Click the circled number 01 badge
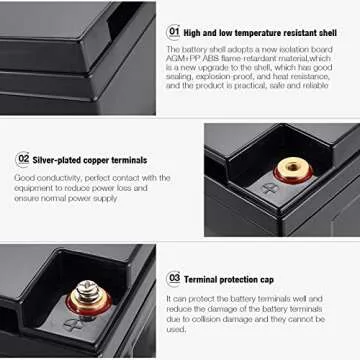(173, 31)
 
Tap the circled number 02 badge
(23, 159)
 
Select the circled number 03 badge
(174, 279)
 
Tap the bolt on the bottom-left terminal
(84, 294)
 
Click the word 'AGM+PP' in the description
(180, 59)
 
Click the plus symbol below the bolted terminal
(71, 323)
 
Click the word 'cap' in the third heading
(266, 280)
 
